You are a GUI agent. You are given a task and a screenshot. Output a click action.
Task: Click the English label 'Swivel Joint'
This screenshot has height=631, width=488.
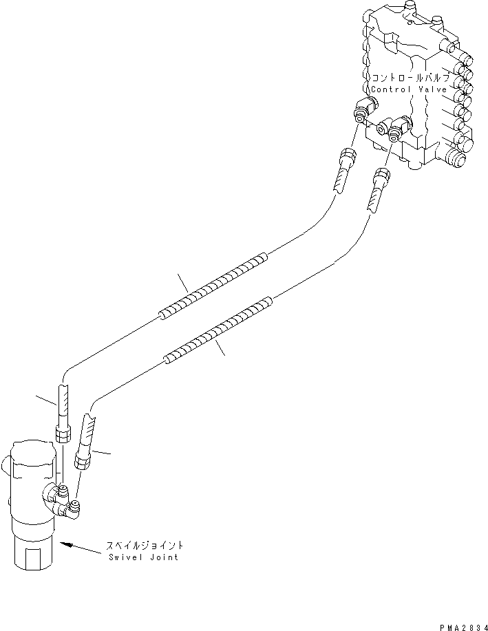(142, 557)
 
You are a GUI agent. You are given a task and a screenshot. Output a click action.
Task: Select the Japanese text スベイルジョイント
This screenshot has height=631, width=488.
(144, 545)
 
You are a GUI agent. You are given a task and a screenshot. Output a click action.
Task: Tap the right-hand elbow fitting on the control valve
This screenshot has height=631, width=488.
(398, 128)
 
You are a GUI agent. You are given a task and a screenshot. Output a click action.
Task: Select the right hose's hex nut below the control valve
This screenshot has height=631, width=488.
(383, 174)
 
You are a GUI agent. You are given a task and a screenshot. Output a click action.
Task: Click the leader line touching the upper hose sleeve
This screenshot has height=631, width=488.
(183, 282)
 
